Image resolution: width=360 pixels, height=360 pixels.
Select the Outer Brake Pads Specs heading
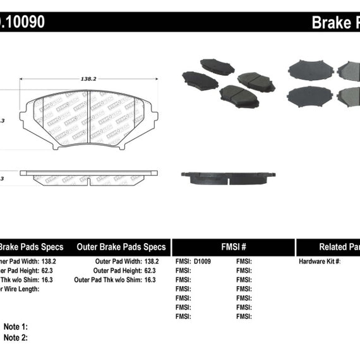click(x=121, y=247)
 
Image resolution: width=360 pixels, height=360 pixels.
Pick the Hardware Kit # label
click(x=319, y=261)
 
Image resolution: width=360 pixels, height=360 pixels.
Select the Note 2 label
click(x=16, y=338)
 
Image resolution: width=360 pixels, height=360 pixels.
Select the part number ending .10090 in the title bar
click(x=22, y=22)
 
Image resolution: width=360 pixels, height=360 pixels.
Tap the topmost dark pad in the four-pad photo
click(x=217, y=66)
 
